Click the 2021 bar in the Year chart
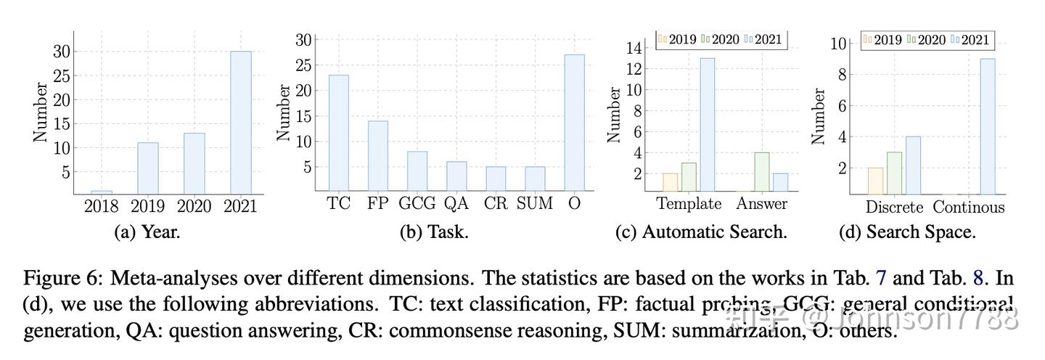[x=241, y=122]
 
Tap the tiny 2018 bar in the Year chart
[x=102, y=192]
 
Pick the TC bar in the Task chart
[x=338, y=133]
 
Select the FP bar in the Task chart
[x=377, y=155]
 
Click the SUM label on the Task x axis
[x=535, y=204]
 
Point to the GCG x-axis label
[x=417, y=204]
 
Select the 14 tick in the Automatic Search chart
[x=634, y=49]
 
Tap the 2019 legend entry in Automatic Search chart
[x=678, y=39]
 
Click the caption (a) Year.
[x=147, y=232]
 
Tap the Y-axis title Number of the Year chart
[x=41, y=112]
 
